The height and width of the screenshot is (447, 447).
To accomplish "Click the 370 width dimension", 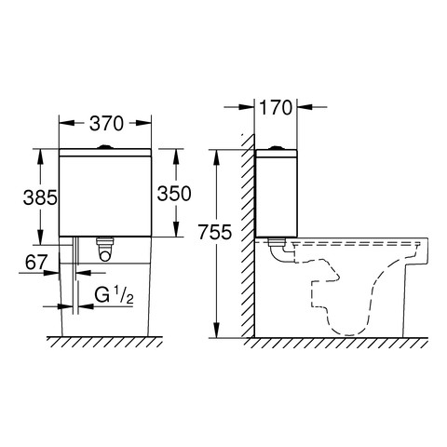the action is click(106, 123).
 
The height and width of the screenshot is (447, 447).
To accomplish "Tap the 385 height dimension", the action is click(40, 197).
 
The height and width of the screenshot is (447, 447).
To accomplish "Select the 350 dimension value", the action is click(174, 194).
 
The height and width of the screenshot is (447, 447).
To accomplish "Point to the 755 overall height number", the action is click(215, 232).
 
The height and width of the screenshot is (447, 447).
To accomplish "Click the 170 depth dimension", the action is click(276, 107).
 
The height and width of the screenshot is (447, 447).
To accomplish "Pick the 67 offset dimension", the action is click(36, 263).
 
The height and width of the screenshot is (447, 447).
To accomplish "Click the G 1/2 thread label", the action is click(114, 295).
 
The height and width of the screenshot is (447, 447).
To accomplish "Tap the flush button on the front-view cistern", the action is click(105, 146).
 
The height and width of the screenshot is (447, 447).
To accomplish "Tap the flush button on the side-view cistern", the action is click(276, 147).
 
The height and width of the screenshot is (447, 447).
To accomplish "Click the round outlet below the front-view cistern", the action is click(105, 255).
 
